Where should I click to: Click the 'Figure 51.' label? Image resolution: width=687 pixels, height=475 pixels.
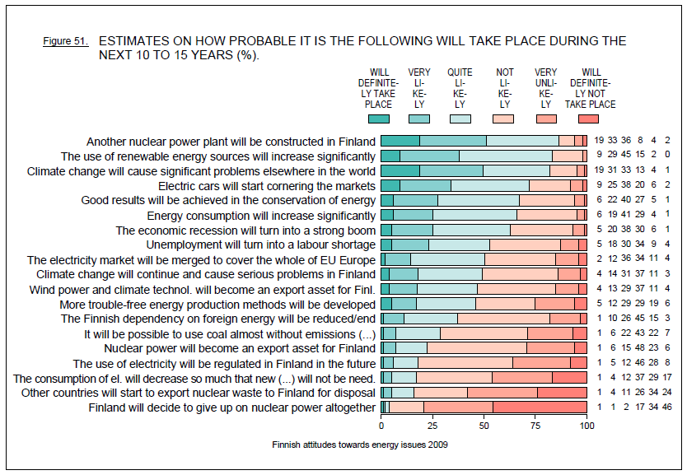(65, 40)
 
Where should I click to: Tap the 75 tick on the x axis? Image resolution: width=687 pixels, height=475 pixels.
(535, 426)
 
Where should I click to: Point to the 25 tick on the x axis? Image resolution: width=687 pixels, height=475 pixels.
(432, 426)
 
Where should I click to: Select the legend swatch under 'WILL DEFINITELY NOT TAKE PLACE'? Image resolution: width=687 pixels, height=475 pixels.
(597, 120)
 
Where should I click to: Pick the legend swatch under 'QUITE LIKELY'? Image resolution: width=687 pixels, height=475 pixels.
(460, 120)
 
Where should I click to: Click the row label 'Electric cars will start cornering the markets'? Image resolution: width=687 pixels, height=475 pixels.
(266, 186)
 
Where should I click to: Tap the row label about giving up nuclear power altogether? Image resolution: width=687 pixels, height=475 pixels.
(231, 407)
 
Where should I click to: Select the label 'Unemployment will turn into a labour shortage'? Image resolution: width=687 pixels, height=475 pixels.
(260, 244)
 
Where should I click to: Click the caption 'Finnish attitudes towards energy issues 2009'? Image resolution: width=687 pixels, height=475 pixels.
(359, 445)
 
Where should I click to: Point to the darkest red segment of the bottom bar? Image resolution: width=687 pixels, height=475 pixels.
(540, 407)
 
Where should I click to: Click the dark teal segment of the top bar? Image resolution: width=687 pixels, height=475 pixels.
(400, 142)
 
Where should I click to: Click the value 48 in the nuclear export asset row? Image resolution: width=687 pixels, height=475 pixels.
(638, 348)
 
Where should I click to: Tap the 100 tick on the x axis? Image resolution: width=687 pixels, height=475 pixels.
(587, 426)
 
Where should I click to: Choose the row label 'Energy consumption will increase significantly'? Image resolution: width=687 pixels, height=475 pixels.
(261, 216)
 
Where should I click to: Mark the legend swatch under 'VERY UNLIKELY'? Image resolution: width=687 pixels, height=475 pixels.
(545, 120)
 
